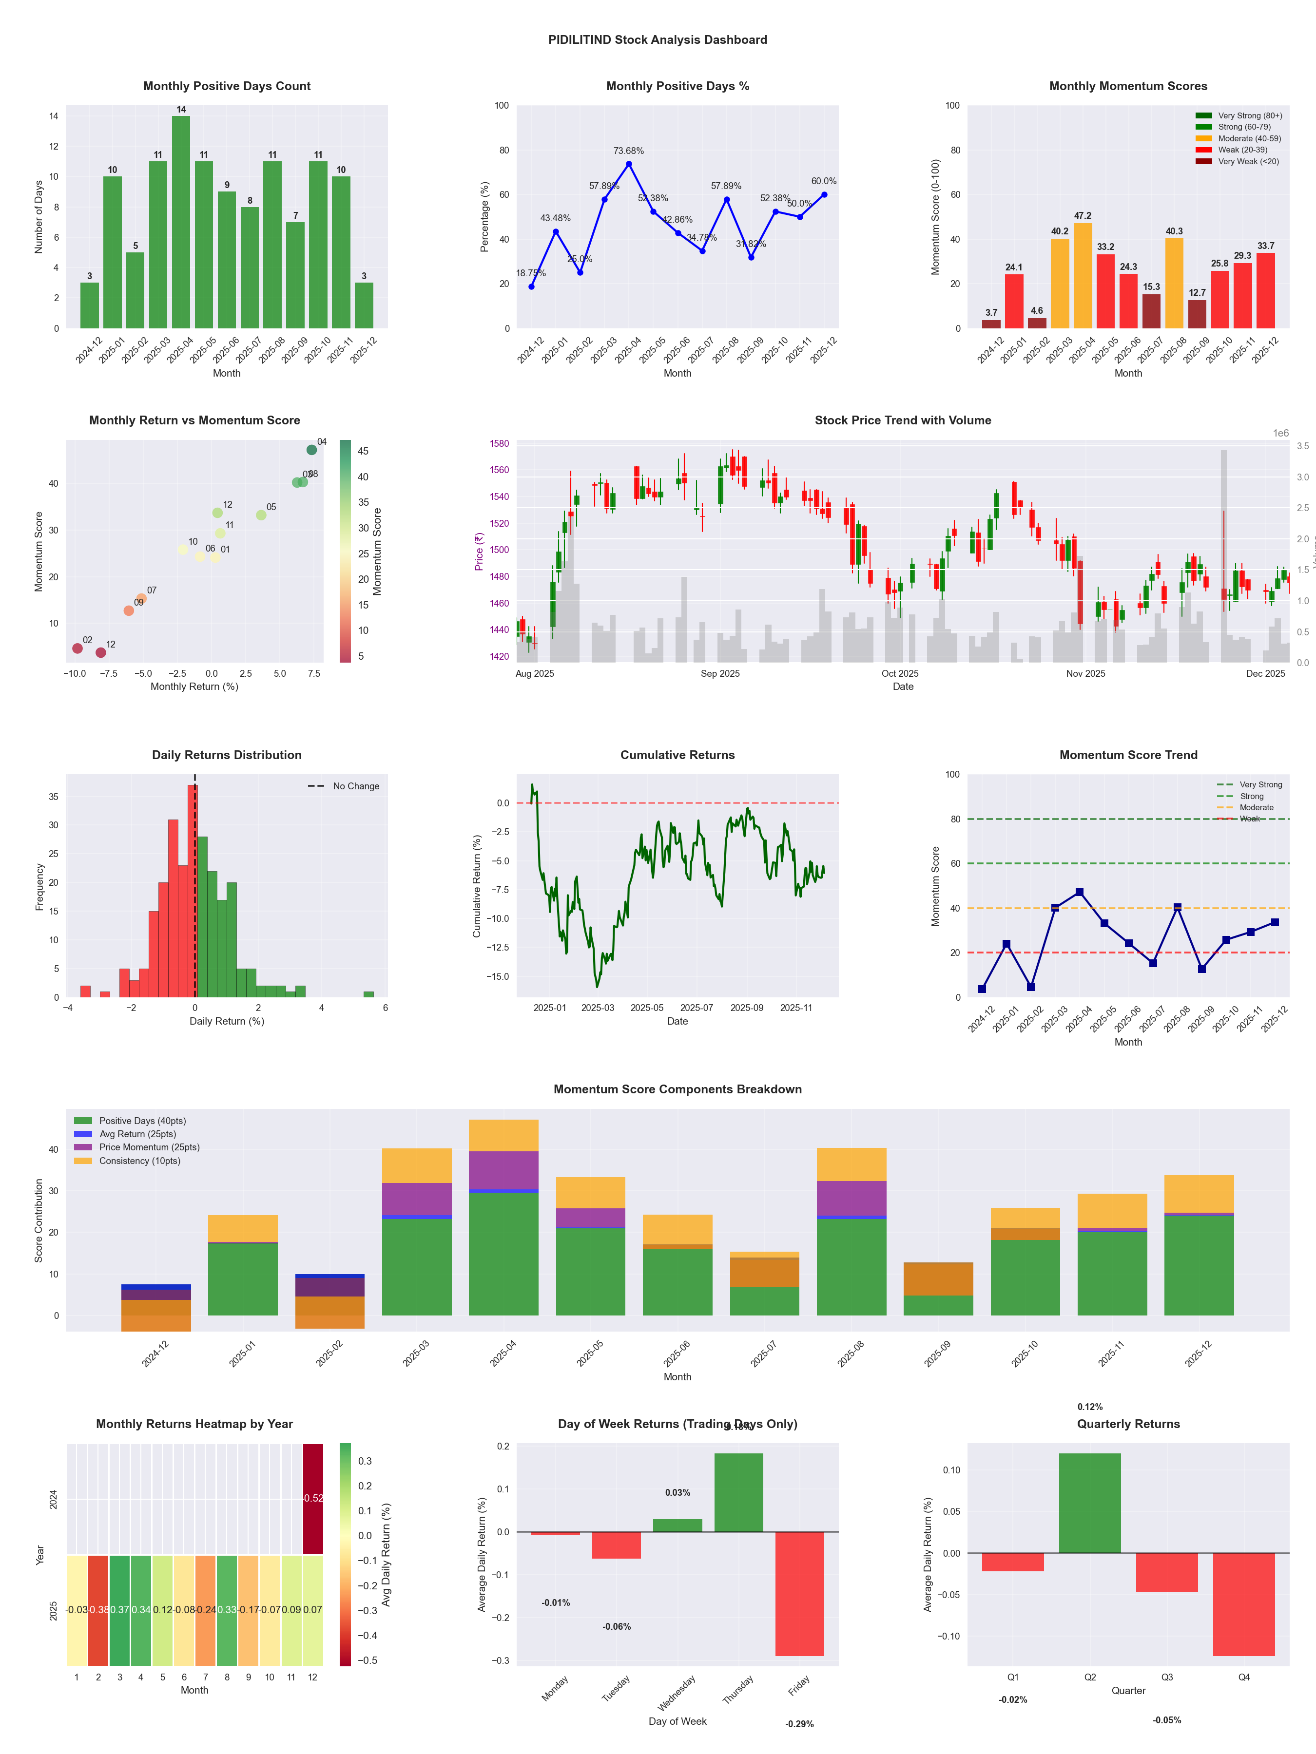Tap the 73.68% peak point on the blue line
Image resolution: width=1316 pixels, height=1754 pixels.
tap(629, 164)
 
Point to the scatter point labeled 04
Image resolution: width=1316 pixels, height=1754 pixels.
tap(312, 450)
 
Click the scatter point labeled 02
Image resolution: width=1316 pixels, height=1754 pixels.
tap(77, 648)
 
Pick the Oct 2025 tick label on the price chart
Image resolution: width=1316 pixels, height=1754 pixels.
tap(900, 673)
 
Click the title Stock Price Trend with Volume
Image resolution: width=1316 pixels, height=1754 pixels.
tap(903, 420)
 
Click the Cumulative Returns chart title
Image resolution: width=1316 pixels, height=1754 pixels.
tap(677, 755)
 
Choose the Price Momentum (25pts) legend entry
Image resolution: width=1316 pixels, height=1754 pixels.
tap(149, 1147)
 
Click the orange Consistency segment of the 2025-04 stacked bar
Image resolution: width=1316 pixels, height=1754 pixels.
tap(503, 1135)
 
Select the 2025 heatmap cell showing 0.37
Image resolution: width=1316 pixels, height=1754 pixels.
tap(120, 1610)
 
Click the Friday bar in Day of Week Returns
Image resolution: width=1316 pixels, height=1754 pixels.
tap(800, 1594)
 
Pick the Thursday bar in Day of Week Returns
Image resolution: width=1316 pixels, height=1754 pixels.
tap(738, 1492)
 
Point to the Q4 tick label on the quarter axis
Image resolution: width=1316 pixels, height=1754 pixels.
tap(1244, 1677)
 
